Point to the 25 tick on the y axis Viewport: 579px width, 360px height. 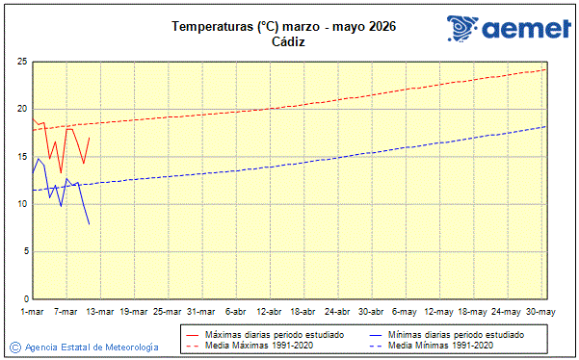20,62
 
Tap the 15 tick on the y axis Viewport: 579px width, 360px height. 20,156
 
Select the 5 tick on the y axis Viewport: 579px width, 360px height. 23,251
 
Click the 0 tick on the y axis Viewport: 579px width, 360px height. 23,298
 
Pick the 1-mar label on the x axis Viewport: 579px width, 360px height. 32,311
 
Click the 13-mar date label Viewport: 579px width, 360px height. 99,311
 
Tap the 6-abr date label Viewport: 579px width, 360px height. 235,311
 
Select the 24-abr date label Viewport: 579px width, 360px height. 337,311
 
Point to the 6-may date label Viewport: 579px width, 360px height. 405,311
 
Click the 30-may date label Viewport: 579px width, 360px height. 540,311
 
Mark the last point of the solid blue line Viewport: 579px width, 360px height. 90,225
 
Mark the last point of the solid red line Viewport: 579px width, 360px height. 90,137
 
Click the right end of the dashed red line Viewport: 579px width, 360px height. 546,69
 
